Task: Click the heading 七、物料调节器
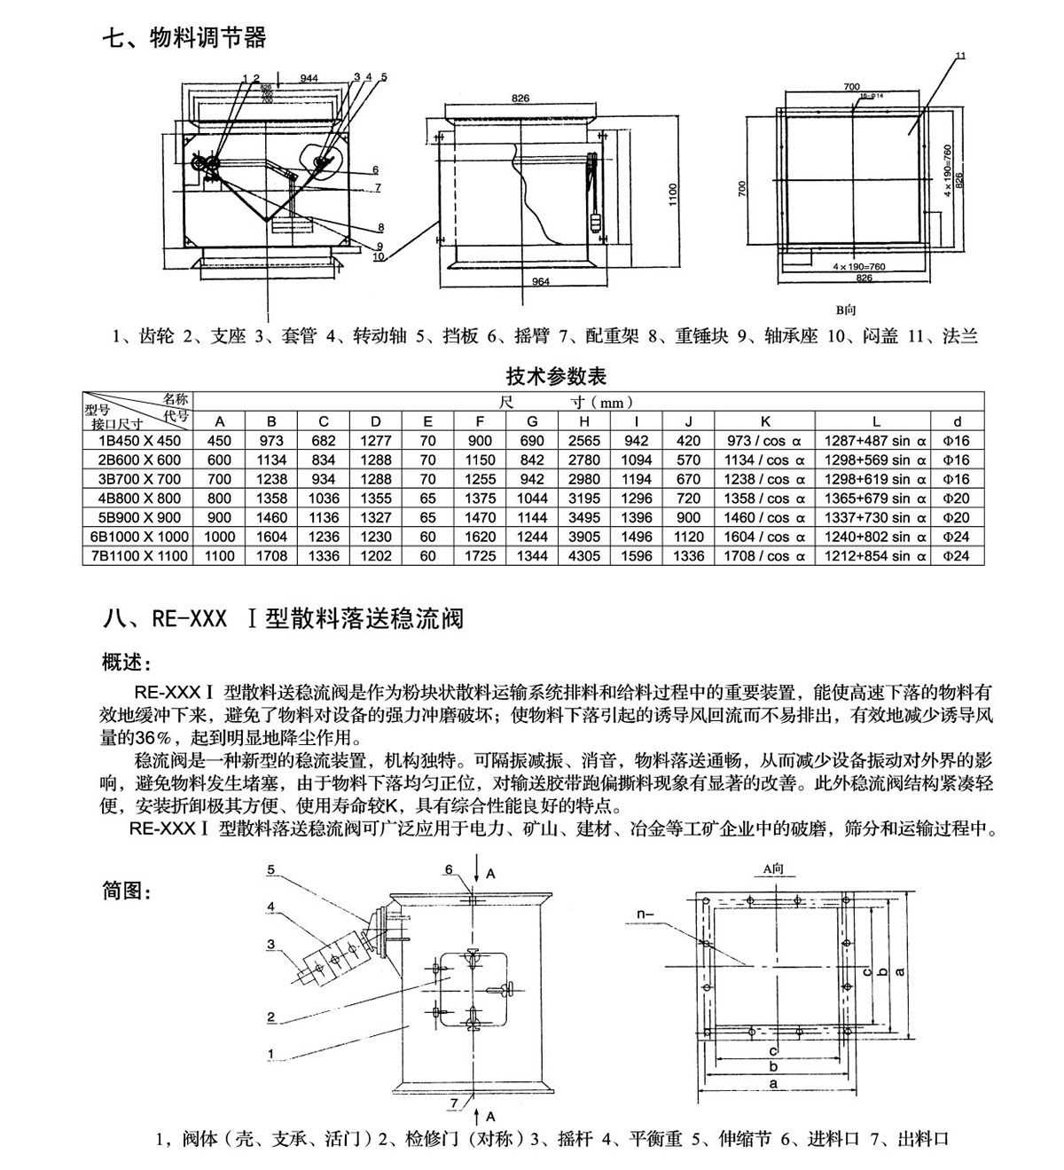184,38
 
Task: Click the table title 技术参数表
556,376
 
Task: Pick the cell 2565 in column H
584,441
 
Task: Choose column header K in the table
764,421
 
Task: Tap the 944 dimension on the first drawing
309,79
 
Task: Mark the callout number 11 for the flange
960,57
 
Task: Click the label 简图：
129,891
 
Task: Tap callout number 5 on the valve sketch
271,869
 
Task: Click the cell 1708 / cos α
764,556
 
